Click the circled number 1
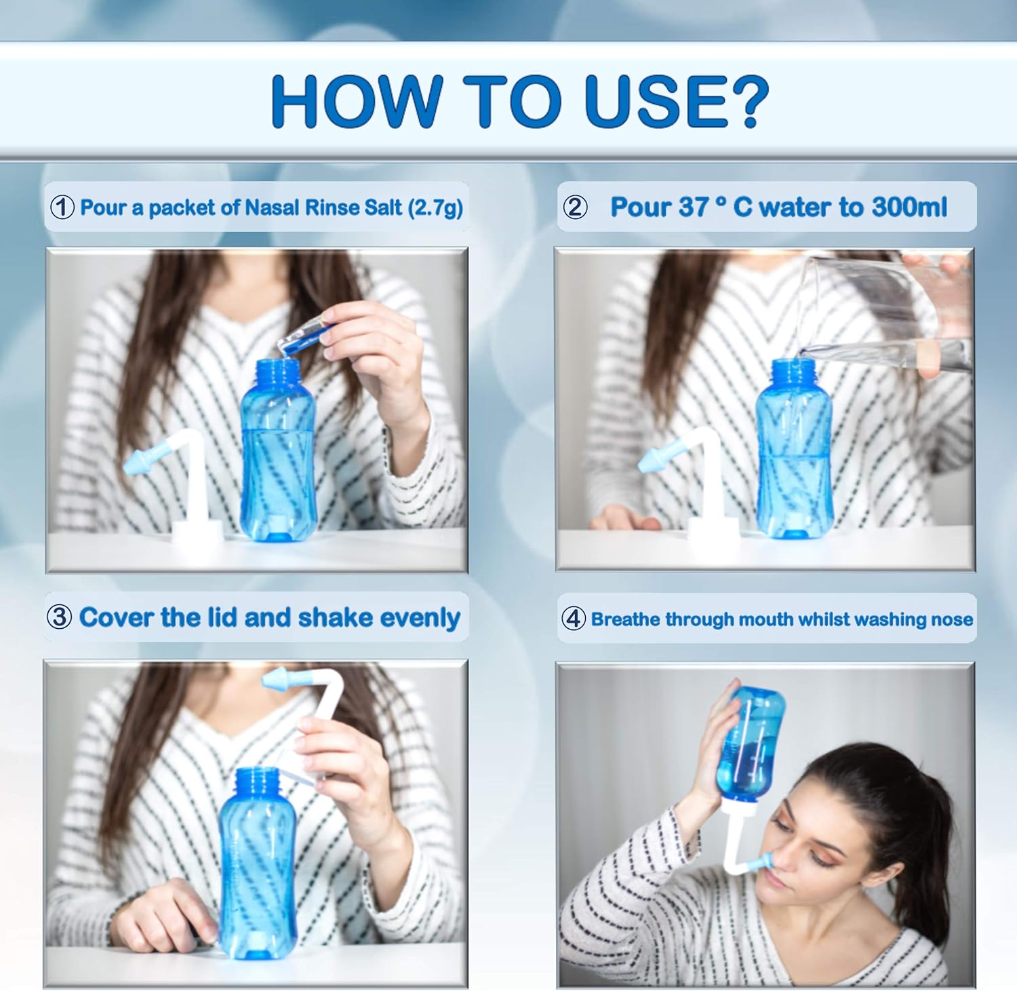(x=62, y=207)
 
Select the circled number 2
(x=575, y=207)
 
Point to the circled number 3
(x=59, y=617)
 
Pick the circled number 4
(x=574, y=619)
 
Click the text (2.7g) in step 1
(x=435, y=207)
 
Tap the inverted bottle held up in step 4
(x=751, y=746)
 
